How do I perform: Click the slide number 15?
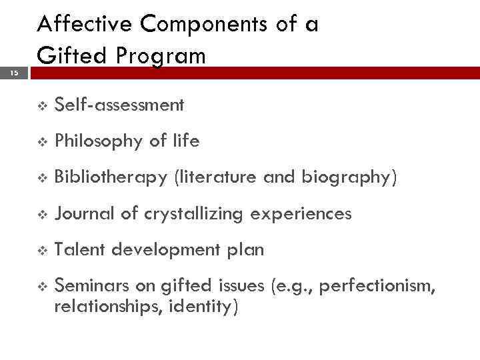click(x=13, y=74)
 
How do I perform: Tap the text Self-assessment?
click(x=119, y=105)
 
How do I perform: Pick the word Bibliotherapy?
click(x=111, y=178)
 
